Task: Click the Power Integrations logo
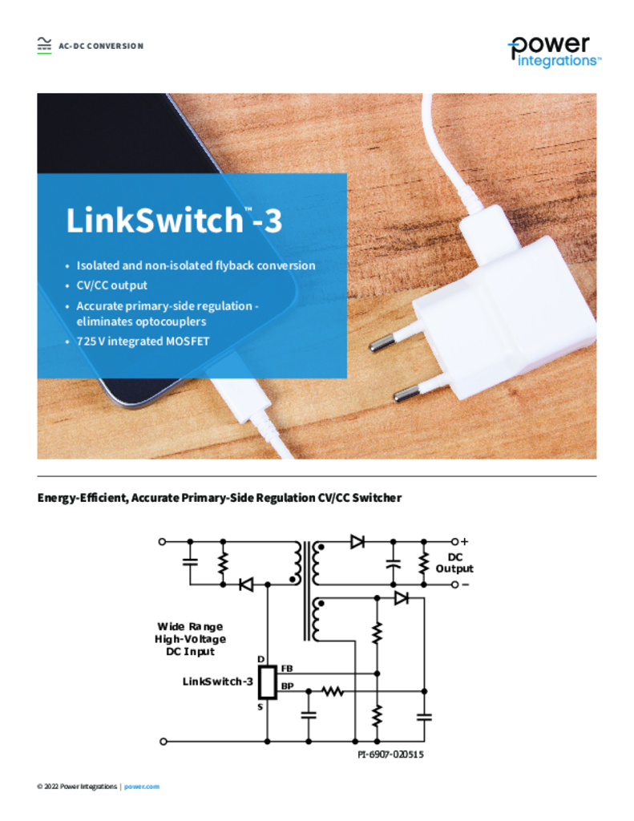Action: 555,52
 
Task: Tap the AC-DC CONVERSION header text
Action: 101,46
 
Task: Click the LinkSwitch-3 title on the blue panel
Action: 174,220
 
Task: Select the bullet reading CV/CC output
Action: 112,285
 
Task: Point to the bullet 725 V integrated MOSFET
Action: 143,341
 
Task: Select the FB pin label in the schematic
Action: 287,669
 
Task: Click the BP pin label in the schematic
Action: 288,686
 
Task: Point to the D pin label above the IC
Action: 260,659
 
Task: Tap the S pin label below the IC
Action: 260,707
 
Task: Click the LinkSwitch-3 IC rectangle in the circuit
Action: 268,682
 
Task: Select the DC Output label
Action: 454,563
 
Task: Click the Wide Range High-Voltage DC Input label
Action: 190,639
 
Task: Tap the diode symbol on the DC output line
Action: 357,541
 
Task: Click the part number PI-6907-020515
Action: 390,754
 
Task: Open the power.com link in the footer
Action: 142,787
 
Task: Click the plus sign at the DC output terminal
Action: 464,541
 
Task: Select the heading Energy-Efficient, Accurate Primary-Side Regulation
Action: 220,497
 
